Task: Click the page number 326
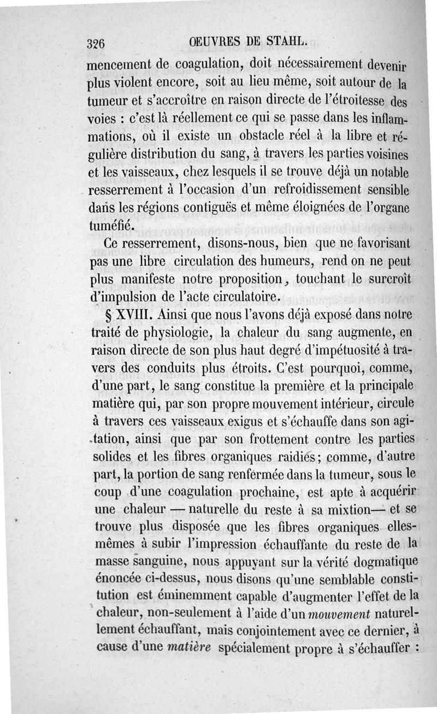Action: (x=99, y=44)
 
